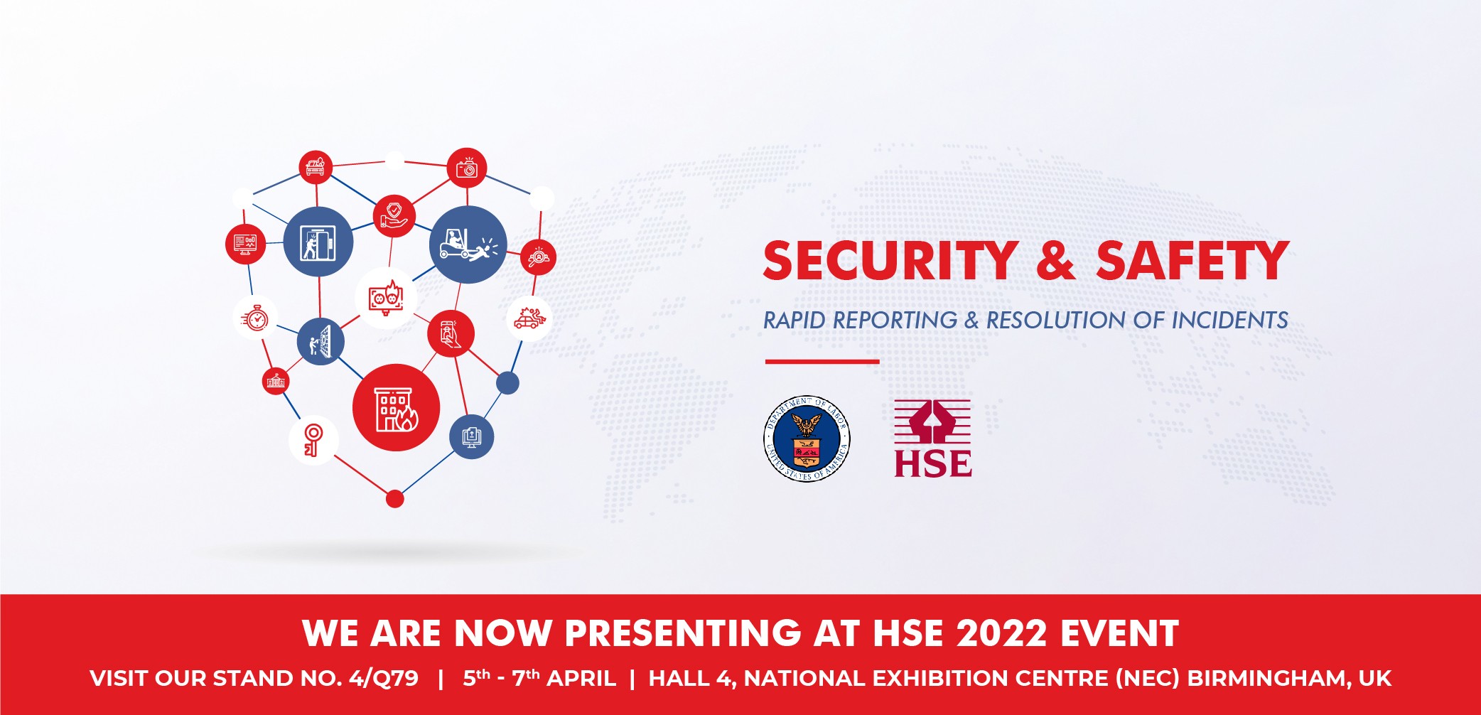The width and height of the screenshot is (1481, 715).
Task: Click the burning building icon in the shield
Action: point(396,407)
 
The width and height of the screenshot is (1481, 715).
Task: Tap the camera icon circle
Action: point(466,168)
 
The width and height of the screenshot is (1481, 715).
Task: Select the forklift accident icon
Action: point(468,244)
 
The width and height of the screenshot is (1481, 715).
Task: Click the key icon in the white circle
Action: point(313,440)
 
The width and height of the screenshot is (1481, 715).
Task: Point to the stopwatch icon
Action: point(255,317)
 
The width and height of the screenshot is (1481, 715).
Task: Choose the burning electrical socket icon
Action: point(386,298)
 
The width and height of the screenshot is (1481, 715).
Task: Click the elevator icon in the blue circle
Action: point(318,242)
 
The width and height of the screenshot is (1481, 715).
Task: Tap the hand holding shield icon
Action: point(394,216)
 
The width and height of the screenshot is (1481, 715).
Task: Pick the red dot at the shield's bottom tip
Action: point(395,499)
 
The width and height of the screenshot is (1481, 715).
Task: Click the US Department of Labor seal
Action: point(807,439)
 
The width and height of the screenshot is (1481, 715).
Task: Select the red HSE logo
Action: point(932,438)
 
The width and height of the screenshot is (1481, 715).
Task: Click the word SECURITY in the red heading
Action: point(890,261)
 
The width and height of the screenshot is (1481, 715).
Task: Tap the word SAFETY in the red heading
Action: point(1192,261)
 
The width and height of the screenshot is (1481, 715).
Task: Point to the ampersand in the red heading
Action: point(1056,261)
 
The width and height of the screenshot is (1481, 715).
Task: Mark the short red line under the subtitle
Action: point(822,362)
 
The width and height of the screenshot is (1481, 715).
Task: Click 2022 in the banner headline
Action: point(1001,633)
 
